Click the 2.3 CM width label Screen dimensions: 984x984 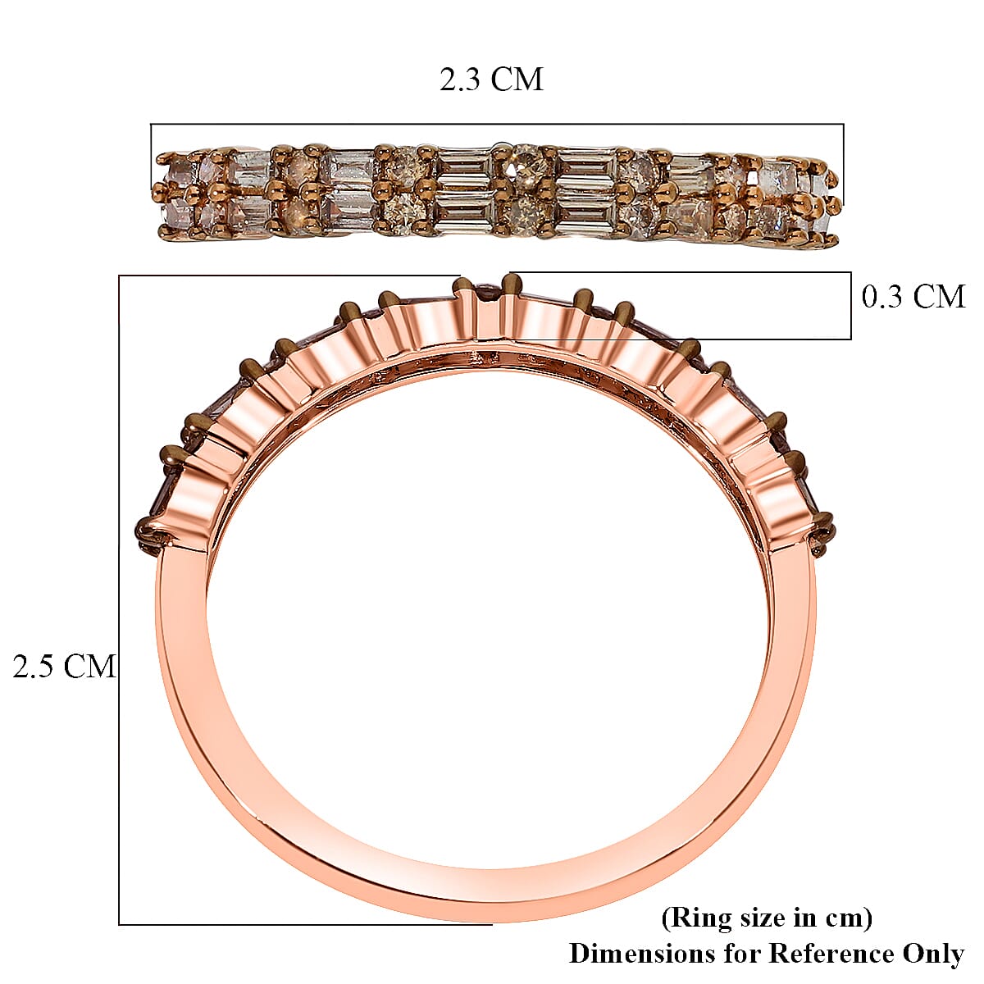point(491,80)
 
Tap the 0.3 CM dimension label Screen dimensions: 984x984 point(913,296)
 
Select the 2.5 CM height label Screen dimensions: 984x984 point(64,666)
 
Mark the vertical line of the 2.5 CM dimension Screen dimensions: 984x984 point(120,599)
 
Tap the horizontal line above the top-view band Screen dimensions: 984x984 point(497,124)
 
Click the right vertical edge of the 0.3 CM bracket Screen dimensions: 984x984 point(850,305)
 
